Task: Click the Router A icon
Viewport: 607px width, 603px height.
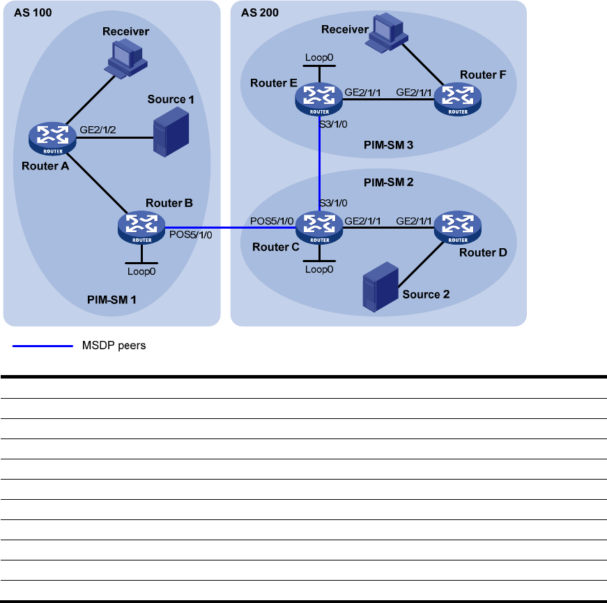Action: [x=52, y=137]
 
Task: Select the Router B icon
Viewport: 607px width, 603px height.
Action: [x=141, y=225]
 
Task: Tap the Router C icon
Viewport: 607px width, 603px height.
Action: [x=319, y=225]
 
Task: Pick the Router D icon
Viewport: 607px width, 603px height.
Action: [x=458, y=225]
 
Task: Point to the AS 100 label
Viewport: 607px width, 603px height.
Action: [x=33, y=13]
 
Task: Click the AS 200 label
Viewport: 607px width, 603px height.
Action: [x=260, y=13]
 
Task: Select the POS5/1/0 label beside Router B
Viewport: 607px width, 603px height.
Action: [x=190, y=235]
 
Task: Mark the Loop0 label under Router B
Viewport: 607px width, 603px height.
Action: [x=141, y=270]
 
